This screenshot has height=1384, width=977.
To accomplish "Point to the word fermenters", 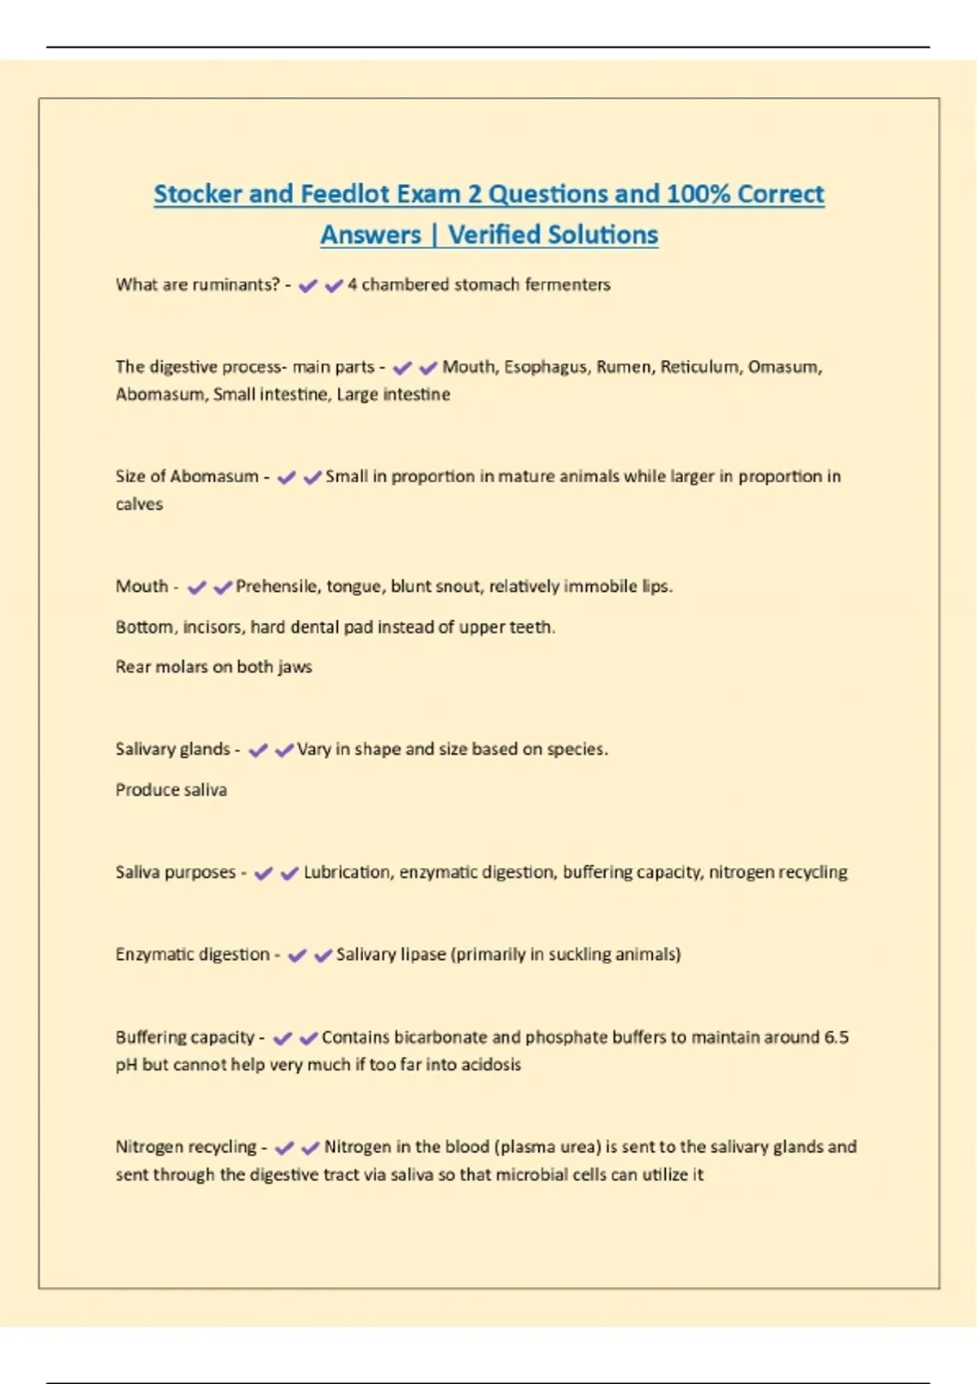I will coord(567,285).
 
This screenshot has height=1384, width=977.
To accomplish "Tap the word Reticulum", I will coord(698,367).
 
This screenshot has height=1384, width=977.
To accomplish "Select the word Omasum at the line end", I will coord(784,367).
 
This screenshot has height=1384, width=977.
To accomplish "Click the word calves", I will coord(139,504).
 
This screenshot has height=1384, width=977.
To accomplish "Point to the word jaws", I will coord(294,667).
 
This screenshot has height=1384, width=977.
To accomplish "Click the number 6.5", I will coord(836,1037).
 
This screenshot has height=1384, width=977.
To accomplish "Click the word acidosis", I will coord(491,1065).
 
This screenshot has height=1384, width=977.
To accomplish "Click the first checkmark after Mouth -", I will coord(196,587).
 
